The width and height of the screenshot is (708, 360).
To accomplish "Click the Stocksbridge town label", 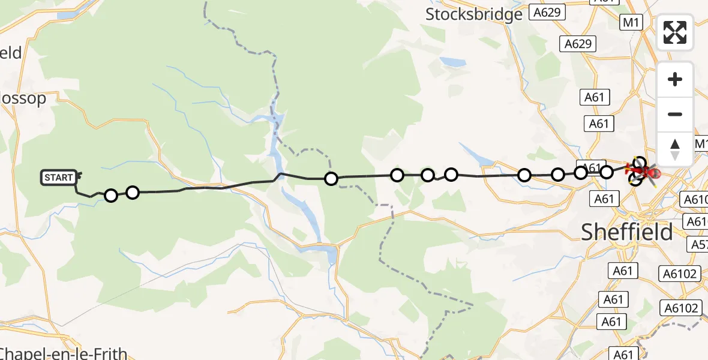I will [474, 14].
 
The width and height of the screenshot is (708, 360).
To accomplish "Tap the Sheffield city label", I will [627, 232].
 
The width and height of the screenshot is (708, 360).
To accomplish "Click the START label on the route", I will [59, 178].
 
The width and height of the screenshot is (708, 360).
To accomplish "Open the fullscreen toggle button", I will [675, 32].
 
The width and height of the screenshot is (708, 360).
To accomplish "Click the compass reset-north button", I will [675, 149].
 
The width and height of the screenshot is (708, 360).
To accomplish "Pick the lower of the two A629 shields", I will [578, 43].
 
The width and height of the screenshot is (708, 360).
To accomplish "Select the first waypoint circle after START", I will [111, 196].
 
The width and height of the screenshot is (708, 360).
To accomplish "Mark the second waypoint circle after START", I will [133, 192].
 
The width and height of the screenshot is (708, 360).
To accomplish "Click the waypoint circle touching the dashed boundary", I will [331, 179].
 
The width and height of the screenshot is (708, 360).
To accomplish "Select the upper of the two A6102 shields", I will [680, 274].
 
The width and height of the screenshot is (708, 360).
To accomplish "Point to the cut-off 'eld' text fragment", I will [11, 53].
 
